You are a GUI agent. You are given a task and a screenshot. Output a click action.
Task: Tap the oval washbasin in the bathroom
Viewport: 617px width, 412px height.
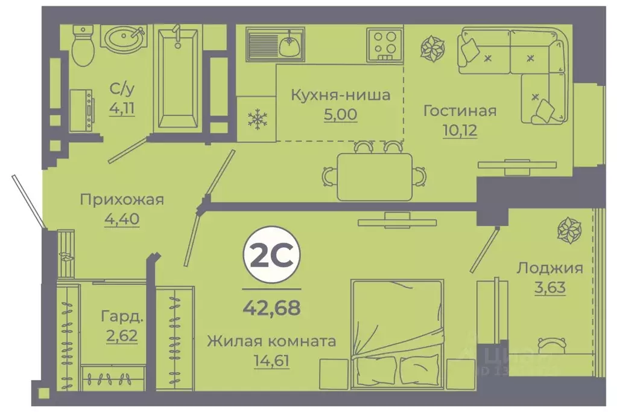124,38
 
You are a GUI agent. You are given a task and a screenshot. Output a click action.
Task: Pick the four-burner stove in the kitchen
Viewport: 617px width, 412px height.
384,44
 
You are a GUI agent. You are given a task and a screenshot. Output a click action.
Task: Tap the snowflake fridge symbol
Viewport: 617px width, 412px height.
257,119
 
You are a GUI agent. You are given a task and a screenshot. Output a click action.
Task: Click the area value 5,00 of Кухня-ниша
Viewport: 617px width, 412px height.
341,114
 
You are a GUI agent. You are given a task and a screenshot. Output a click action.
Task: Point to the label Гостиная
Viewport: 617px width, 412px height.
460,111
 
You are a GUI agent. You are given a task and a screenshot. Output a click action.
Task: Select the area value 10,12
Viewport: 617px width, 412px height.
460,130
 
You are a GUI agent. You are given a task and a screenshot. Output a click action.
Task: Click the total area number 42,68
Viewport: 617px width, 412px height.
271,308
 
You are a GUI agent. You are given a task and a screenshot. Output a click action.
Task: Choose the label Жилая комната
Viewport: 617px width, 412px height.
271,341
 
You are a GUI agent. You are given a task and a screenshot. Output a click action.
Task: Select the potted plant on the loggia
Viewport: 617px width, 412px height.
569,230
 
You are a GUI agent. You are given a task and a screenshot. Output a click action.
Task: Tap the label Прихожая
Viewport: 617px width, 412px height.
122,200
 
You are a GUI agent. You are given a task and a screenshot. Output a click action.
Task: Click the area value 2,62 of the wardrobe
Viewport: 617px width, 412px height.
122,335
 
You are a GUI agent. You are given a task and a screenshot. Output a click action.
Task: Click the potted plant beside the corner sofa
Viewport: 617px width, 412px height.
432,50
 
